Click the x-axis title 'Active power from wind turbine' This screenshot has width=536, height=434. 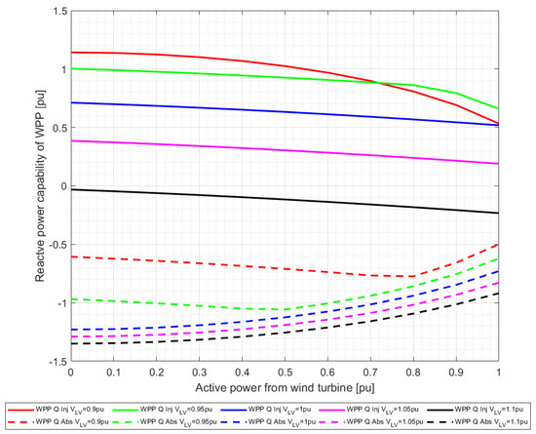[284, 385]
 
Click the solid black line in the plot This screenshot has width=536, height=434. [284, 199]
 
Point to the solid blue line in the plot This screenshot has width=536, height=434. [284, 111]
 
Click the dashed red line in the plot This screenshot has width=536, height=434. [284, 267]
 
